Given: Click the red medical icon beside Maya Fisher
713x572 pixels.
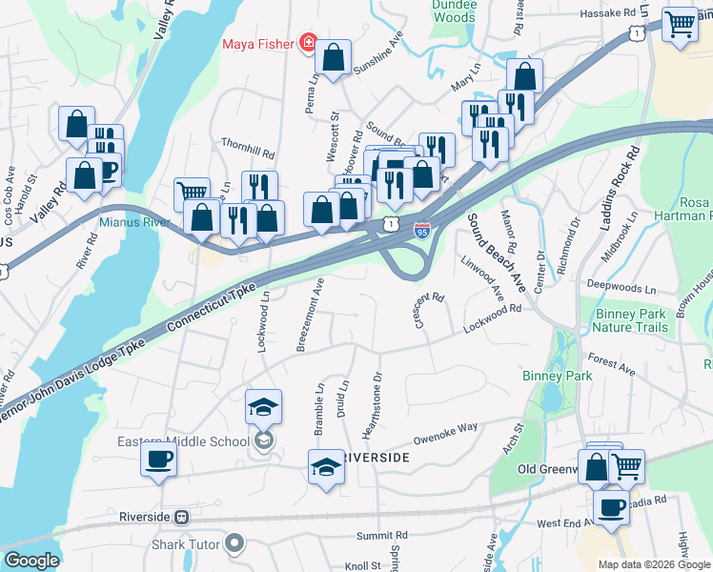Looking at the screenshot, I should tap(307, 43).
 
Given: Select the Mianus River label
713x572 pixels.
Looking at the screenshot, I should tap(134, 222).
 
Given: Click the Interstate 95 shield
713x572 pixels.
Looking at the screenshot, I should tap(422, 230).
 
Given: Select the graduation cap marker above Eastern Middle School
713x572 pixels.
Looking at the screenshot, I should tap(264, 407).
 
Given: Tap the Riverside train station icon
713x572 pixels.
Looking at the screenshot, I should tap(181, 517).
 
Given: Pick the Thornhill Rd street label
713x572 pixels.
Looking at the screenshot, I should tap(247, 153).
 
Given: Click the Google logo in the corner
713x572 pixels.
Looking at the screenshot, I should tap(31, 561).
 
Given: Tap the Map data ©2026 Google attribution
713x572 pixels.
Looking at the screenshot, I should tap(653, 564).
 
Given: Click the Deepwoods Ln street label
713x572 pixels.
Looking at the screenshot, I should tap(622, 286).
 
